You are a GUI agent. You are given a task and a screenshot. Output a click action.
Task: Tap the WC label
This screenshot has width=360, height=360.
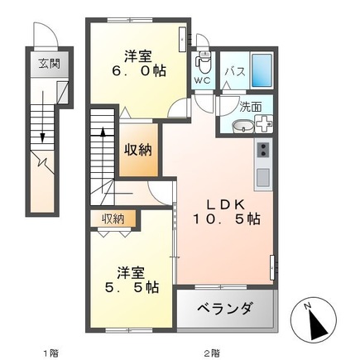click(202, 80)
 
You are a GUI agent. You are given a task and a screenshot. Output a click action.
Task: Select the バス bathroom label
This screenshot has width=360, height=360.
click(234, 71)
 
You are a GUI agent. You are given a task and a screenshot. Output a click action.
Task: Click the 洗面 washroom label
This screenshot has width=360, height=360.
click(251, 106)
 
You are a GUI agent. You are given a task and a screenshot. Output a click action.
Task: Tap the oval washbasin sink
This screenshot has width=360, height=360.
click(242, 127)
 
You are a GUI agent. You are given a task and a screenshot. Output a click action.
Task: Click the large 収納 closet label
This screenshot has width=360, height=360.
click(138, 150)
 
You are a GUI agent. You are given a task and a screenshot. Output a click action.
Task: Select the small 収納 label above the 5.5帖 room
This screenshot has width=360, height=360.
click(113, 218)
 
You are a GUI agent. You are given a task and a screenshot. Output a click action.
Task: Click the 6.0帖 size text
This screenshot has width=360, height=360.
click(138, 72)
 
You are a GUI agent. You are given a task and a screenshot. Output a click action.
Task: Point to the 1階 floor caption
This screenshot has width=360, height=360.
click(51, 352)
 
